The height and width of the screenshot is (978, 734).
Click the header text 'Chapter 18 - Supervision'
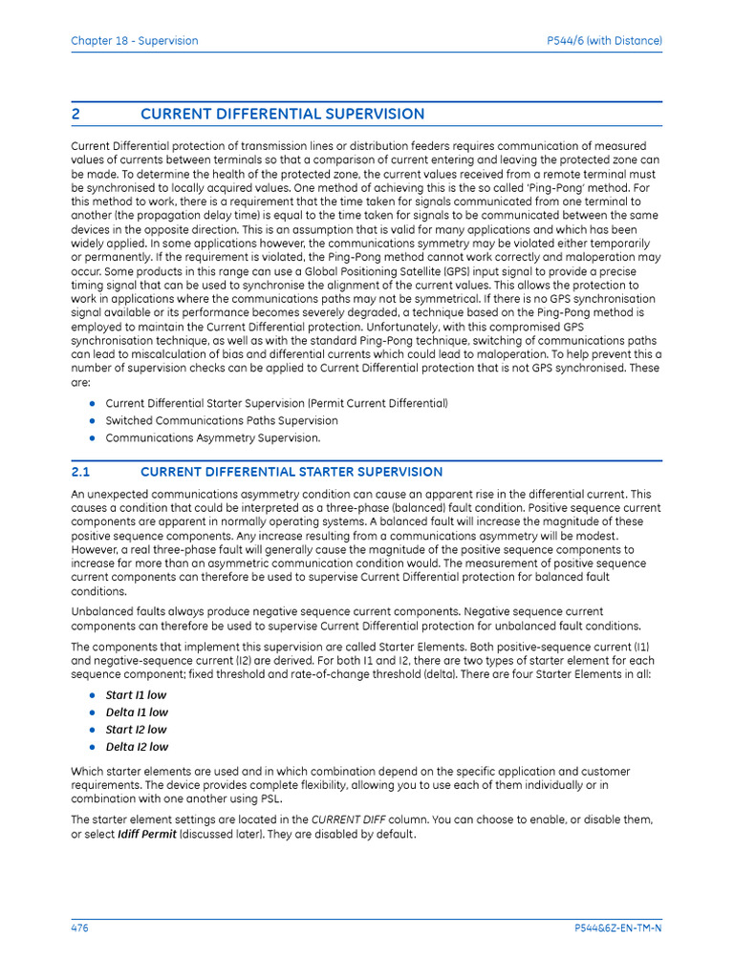pyautogui.click(x=135, y=41)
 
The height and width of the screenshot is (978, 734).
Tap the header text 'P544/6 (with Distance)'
pyautogui.click(x=604, y=41)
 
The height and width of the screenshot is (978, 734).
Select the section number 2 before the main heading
pyautogui.click(x=76, y=115)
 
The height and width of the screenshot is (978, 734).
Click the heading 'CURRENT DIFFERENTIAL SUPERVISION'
pyautogui.click(x=282, y=115)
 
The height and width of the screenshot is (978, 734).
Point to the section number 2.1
pyautogui.click(x=80, y=472)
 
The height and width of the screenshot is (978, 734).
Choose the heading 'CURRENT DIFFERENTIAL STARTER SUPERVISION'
pyautogui.click(x=291, y=472)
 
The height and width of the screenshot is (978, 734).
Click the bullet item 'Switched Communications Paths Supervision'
pyautogui.click(x=222, y=420)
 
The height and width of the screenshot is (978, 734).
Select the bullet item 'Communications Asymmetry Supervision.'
pyautogui.click(x=213, y=438)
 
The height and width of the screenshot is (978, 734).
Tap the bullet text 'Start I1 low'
pyautogui.click(x=136, y=695)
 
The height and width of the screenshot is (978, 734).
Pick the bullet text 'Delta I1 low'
pyautogui.click(x=137, y=712)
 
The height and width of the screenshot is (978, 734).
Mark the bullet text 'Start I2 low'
pyautogui.click(x=136, y=730)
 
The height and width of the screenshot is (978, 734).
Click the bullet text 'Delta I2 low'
pyautogui.click(x=137, y=747)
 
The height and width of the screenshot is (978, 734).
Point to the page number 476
pyautogui.click(x=80, y=928)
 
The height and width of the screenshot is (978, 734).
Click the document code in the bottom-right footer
pyautogui.click(x=617, y=928)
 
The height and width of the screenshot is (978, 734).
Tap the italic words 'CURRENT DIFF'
pyautogui.click(x=347, y=819)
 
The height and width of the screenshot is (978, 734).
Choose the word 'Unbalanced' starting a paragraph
pyautogui.click(x=102, y=611)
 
